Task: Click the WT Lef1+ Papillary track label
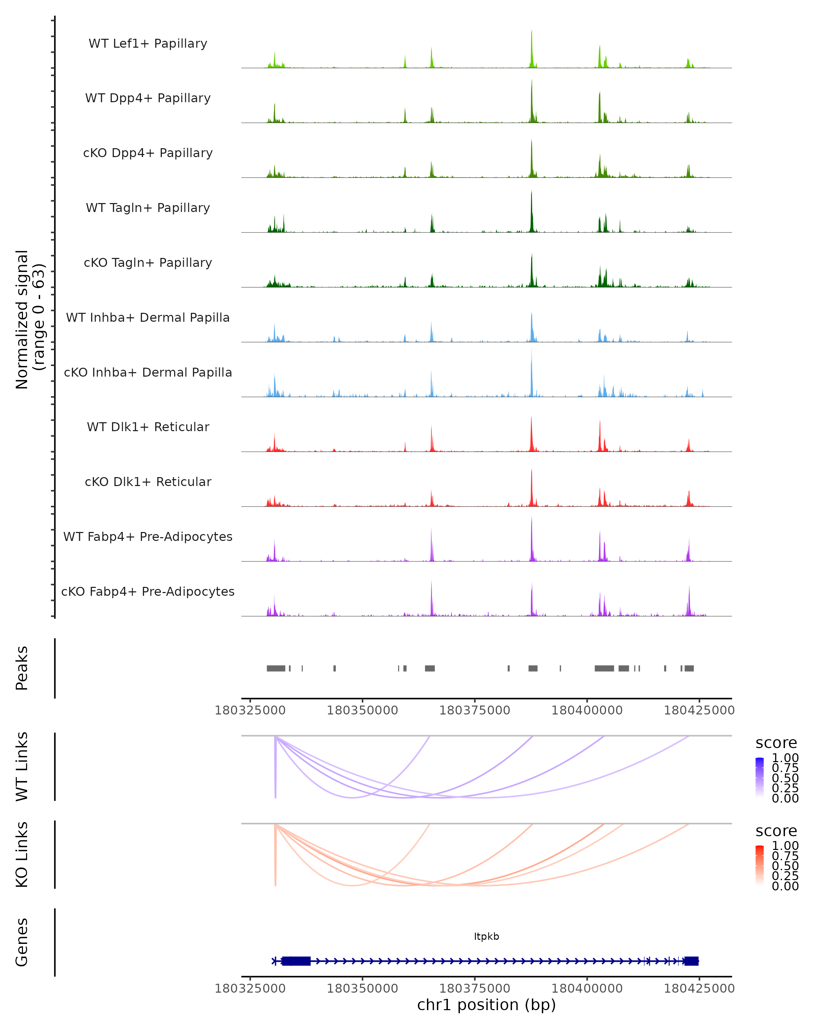tap(148, 44)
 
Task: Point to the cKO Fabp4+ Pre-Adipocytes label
tap(148, 591)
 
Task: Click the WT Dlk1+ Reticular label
tap(148, 427)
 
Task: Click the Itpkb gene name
tap(486, 936)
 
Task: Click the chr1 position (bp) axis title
tap(486, 1005)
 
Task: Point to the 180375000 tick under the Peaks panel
tap(475, 710)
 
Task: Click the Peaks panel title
tap(22, 668)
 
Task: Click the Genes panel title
tap(22, 942)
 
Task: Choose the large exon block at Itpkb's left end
tap(296, 961)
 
